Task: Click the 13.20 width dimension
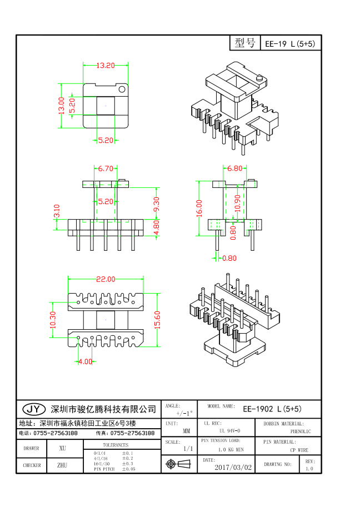(x=105, y=66)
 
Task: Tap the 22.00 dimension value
(x=106, y=279)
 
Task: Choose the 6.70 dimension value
(x=106, y=168)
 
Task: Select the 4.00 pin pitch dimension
(x=85, y=361)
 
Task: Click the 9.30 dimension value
(x=156, y=204)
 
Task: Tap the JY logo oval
(x=34, y=409)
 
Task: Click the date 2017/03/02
(x=233, y=468)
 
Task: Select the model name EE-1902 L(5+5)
(x=272, y=409)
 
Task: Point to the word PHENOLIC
(x=301, y=431)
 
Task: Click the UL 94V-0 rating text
(x=229, y=431)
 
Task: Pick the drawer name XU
(x=62, y=448)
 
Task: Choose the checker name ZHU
(x=62, y=465)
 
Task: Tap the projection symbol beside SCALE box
(x=171, y=463)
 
